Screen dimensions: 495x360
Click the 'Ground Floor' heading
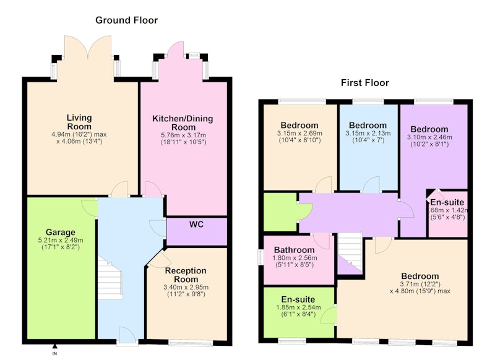coord(126,20)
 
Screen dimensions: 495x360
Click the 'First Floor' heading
coord(365,83)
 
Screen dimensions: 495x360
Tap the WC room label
coord(196,225)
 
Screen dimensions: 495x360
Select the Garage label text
coord(61,232)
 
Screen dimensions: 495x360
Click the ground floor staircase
coord(110,278)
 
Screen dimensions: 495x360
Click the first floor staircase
coord(350,249)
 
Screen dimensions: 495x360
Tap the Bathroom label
coord(295,250)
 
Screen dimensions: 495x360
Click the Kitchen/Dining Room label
coord(183,122)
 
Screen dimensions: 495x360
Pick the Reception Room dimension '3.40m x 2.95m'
coord(186,288)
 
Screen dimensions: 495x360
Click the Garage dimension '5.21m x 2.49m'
coord(61,240)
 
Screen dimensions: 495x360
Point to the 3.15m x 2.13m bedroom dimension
coord(368,133)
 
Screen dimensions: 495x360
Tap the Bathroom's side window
coord(260,257)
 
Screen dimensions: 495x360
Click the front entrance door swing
coord(127,335)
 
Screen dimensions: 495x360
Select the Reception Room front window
coord(191,343)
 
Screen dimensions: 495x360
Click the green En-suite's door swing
coord(329,315)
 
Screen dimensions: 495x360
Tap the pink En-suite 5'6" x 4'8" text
coord(447,217)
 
